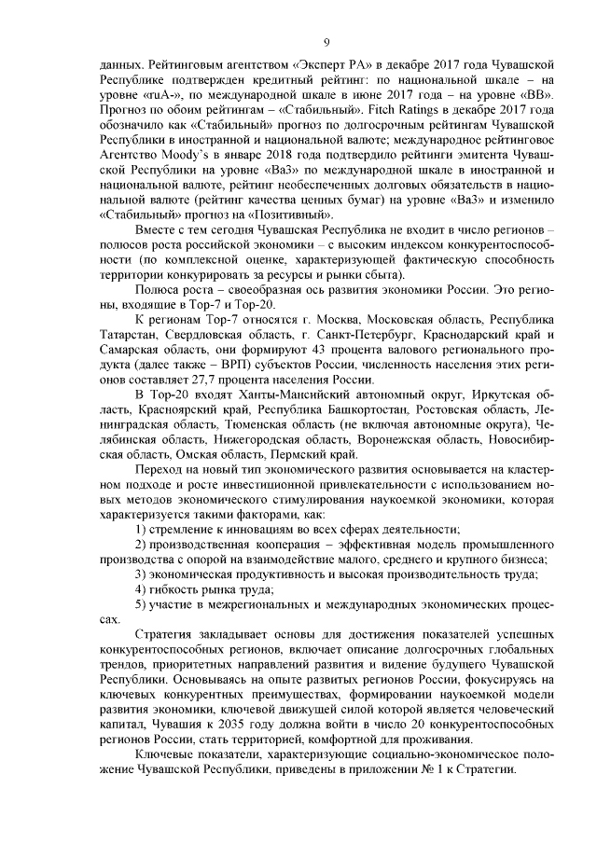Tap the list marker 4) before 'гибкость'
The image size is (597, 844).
(x=142, y=589)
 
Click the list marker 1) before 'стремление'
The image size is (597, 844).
(x=142, y=529)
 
